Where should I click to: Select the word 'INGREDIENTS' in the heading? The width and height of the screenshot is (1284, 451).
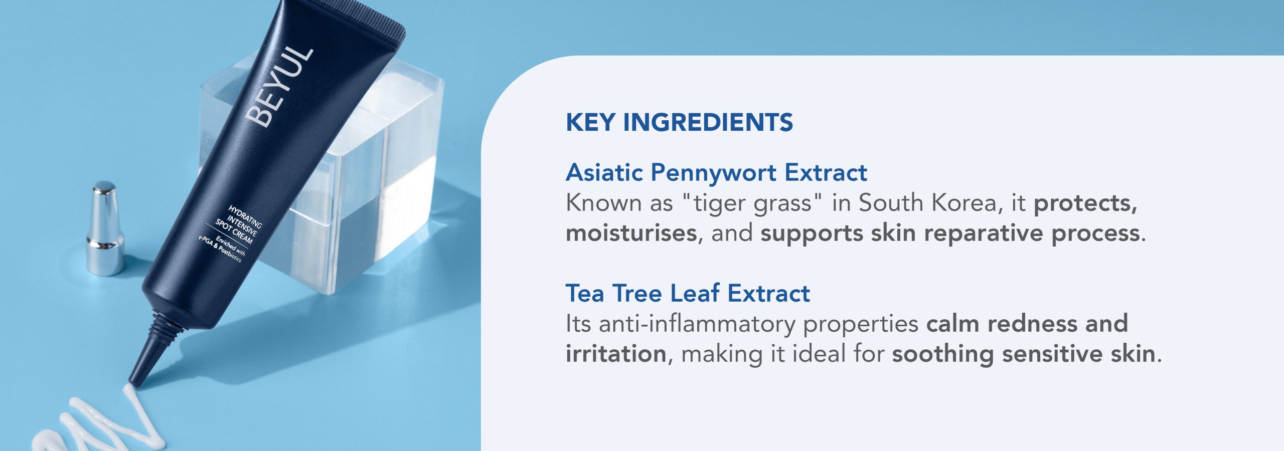708,122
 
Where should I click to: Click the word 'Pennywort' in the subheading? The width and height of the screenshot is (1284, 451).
714,173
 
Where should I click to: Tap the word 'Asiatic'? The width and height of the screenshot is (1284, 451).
604,172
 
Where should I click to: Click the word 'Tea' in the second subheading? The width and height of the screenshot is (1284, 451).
585,293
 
